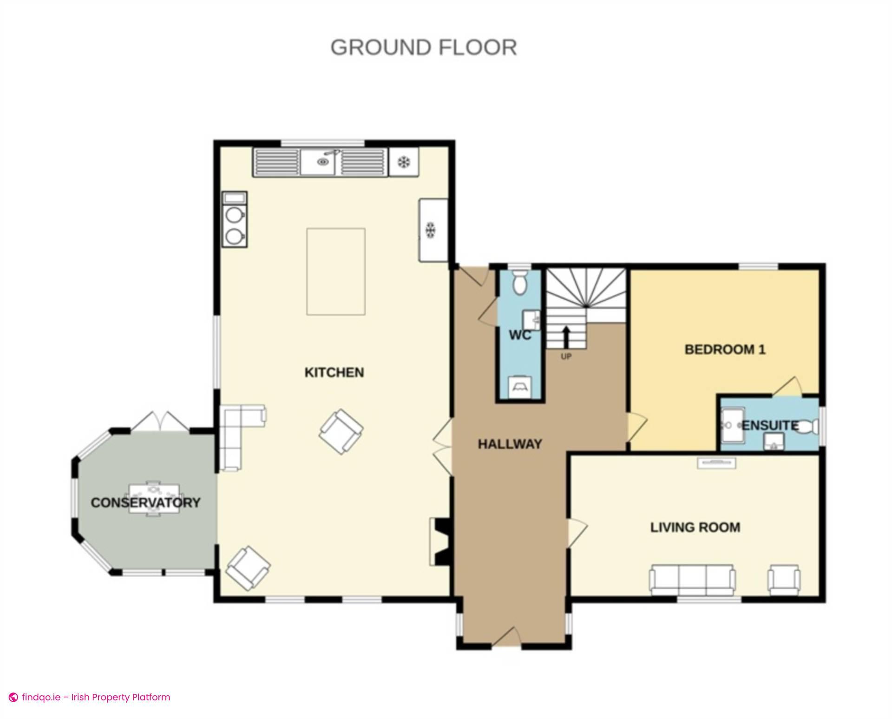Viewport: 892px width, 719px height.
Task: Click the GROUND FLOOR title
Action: [x=423, y=47]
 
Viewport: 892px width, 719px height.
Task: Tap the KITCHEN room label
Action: [x=334, y=372]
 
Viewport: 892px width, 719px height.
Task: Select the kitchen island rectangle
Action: [x=335, y=271]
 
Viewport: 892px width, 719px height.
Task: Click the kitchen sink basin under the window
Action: [x=321, y=162]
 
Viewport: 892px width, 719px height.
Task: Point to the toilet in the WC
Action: [x=519, y=283]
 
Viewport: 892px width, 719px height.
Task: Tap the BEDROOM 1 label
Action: [x=725, y=350]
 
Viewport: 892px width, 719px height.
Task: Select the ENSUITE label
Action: [x=770, y=425]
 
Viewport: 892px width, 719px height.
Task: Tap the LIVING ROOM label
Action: [x=695, y=527]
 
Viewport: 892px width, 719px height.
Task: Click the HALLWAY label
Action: [x=510, y=444]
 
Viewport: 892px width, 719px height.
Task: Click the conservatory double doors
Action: [x=159, y=422]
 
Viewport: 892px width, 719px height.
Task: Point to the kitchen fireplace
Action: [x=439, y=541]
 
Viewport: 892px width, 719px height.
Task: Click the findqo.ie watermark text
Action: [x=96, y=697]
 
